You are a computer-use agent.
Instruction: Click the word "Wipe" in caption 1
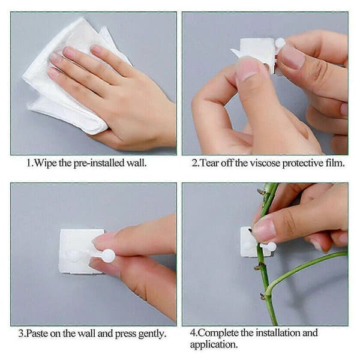[x=46, y=163]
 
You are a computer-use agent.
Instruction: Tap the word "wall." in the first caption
[x=137, y=163]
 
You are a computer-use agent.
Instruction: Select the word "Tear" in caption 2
[x=210, y=163]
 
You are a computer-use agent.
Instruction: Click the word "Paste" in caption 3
[x=37, y=333]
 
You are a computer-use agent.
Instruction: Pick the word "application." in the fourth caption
[x=214, y=345]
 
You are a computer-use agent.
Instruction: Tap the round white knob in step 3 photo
[x=108, y=256]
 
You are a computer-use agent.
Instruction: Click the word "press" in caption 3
[x=125, y=334]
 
